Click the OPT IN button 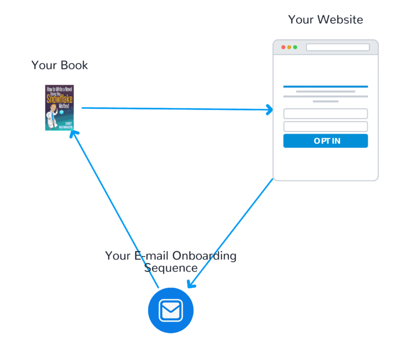[325, 141]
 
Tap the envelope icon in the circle [171, 310]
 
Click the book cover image [59, 108]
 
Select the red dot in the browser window [283, 47]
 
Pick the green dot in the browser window [295, 47]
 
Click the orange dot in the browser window [289, 47]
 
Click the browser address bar [338, 47]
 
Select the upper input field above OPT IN [325, 114]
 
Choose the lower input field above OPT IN [325, 127]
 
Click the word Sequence [171, 268]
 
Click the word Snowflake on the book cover [59, 99]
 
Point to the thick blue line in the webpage [325, 87]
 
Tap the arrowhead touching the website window [270, 109]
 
